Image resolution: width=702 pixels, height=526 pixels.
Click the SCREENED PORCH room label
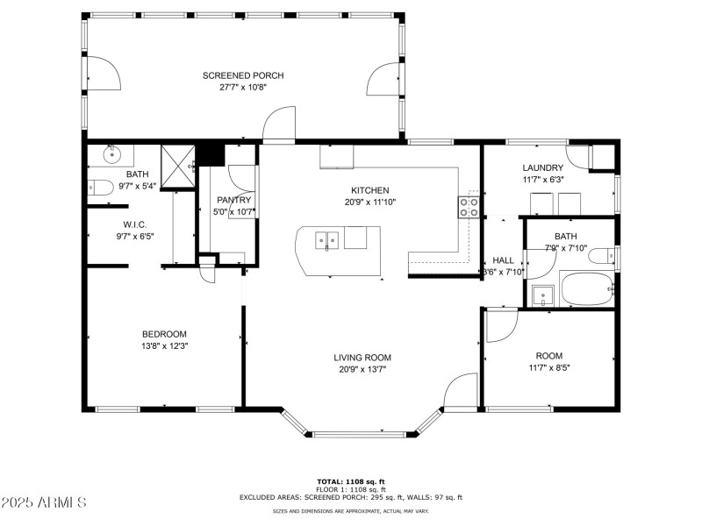(243, 75)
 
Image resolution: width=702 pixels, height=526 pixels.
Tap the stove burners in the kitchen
(469, 207)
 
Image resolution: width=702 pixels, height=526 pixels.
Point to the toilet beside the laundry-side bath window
(603, 256)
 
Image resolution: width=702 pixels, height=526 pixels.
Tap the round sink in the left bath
(112, 156)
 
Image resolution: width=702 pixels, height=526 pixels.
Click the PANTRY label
(234, 200)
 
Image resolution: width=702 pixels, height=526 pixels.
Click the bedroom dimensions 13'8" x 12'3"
(165, 345)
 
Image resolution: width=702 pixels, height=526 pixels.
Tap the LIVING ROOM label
(362, 357)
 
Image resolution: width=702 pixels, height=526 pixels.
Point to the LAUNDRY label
(542, 167)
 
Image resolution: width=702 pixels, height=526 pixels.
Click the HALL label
(503, 260)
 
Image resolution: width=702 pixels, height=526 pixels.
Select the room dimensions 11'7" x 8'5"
(548, 367)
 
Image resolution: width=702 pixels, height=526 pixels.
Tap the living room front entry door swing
(461, 393)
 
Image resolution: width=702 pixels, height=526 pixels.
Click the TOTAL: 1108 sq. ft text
(350, 481)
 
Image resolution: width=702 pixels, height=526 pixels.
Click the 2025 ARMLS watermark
(44, 502)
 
